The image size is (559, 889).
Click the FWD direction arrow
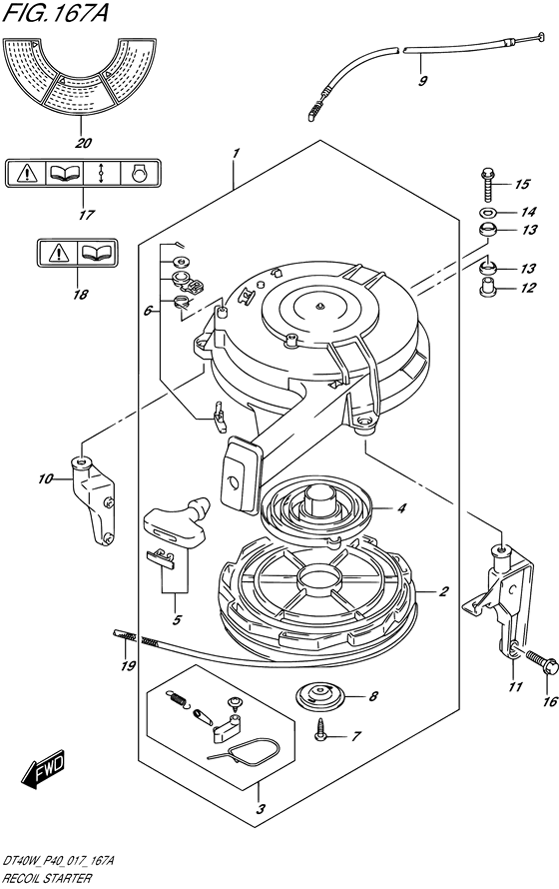44,769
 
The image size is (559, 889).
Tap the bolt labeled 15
487,184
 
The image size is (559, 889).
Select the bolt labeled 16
541,662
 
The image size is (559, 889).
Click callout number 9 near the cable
422,80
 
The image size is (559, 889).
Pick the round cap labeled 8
321,695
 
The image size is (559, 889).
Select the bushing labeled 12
488,287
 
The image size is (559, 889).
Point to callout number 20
83,142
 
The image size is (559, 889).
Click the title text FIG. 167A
54,13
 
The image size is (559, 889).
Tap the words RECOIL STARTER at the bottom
47,879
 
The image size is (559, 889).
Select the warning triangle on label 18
59,253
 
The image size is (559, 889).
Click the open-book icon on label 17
65,173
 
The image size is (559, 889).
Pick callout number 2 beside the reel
443,591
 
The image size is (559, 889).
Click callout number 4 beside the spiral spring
401,508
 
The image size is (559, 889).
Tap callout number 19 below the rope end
128,664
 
